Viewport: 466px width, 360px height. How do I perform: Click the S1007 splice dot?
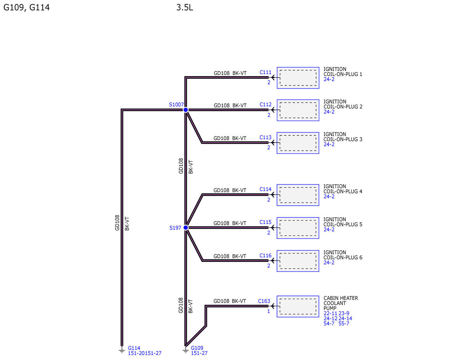pos(186,110)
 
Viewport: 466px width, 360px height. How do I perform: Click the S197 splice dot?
pos(186,228)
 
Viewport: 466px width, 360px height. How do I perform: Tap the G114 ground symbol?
pos(122,351)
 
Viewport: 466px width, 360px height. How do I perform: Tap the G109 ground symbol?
pos(186,351)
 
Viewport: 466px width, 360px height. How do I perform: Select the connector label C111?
pos(265,72)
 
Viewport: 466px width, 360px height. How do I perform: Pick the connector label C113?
pos(265,137)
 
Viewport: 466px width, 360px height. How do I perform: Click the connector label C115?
pos(265,222)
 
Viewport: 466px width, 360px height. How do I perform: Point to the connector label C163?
pos(264,301)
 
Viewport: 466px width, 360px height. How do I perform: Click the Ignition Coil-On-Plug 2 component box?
pos(298,110)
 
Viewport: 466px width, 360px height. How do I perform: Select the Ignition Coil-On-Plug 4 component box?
pos(298,195)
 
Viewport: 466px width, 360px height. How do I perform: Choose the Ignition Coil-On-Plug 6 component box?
pos(298,261)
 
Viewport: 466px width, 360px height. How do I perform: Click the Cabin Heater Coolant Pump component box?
pos(298,306)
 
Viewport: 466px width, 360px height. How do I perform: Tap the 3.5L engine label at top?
pos(184,7)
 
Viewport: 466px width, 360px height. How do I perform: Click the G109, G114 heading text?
pos(26,8)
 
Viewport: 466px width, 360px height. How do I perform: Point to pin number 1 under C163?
pos(268,311)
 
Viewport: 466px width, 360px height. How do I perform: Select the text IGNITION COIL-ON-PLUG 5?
pos(343,222)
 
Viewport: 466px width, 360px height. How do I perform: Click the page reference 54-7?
pos(329,323)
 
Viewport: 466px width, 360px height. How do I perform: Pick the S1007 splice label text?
pos(176,104)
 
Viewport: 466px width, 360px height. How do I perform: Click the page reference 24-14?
pos(345,318)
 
